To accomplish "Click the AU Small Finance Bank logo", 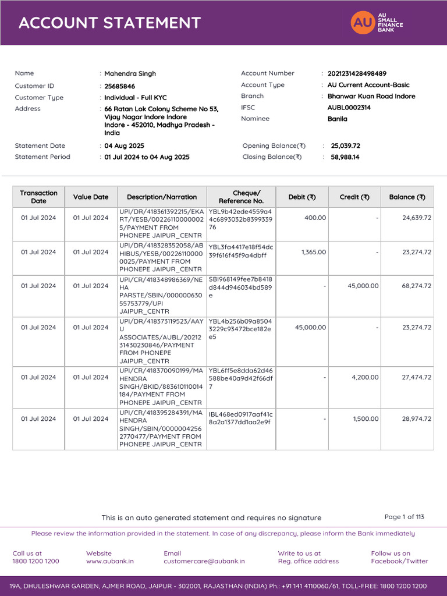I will tap(377, 23).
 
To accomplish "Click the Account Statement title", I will tap(109, 23).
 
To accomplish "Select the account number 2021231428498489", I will tap(356, 74).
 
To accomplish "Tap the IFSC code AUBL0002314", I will tap(349, 108).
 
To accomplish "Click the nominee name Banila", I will tap(337, 119).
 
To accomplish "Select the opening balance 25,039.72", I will tap(345, 146).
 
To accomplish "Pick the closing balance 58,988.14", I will tap(345, 157).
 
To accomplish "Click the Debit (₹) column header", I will tap(302, 197).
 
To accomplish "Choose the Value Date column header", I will tap(91, 197).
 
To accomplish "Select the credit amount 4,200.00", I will tap(366, 377).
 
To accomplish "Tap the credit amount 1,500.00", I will tap(366, 419).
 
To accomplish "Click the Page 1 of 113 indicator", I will tap(404, 517).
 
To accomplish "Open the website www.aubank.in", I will tap(109, 561).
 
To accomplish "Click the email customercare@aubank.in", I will tap(204, 561).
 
